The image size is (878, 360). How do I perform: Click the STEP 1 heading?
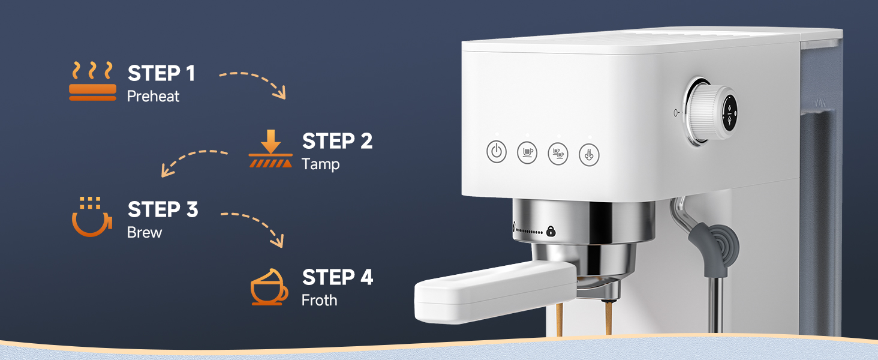point(161,73)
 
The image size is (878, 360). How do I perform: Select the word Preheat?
point(153,96)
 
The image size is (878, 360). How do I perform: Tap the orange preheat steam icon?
point(92,81)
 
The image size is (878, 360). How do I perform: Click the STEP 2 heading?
point(337,141)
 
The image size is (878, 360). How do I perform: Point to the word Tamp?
point(320,164)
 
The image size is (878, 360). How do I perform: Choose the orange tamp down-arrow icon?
point(270,151)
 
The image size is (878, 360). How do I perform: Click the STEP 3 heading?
point(163,209)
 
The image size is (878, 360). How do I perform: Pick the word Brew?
point(145,232)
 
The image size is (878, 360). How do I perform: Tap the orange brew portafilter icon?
point(91,217)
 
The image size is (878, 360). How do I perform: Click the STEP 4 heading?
point(338,277)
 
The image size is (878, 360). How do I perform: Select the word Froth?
point(319,300)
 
